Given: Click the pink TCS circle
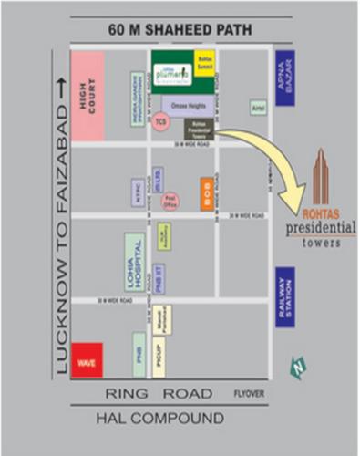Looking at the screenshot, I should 160,122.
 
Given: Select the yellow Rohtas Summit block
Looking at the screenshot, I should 204,60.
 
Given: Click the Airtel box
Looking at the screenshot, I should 259,108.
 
